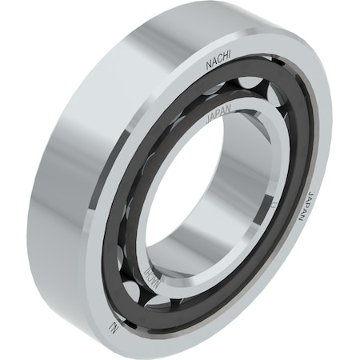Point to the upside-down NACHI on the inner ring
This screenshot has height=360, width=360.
(156, 280)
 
